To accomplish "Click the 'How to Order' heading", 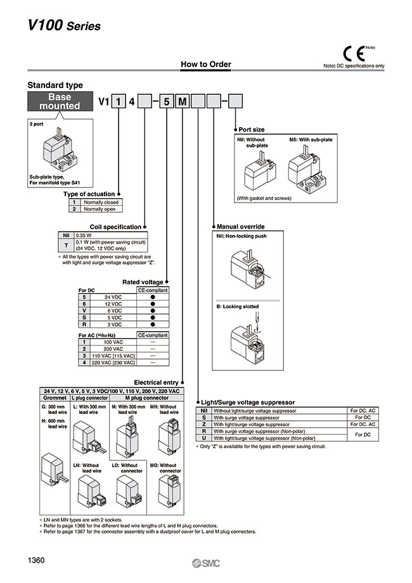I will pyautogui.click(x=206, y=64).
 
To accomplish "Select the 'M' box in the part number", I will pyautogui.click(x=181, y=101).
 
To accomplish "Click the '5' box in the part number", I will pyautogui.click(x=166, y=101).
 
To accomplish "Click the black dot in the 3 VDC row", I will pyautogui.click(x=153, y=323).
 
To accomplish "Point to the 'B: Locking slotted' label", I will pyautogui.click(x=238, y=307).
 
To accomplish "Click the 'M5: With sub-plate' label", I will pyautogui.click(x=310, y=139).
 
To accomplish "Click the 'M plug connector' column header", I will pyautogui.click(x=145, y=398).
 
